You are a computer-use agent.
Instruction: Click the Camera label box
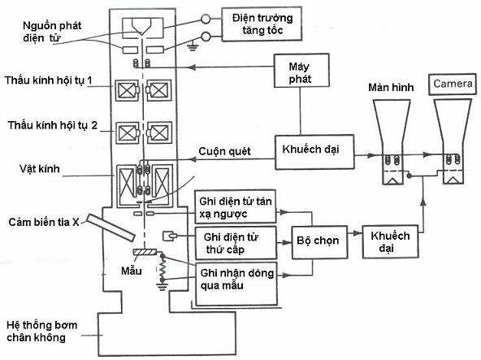click(x=453, y=84)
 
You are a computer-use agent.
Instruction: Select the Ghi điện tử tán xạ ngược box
click(x=235, y=206)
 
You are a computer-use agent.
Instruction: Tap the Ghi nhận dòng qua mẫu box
click(x=236, y=280)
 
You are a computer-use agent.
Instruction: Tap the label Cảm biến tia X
click(x=45, y=222)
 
